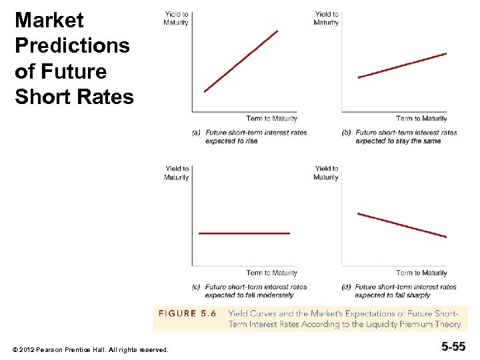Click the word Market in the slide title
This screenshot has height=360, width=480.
tap(49, 21)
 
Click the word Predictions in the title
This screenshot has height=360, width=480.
tap(72, 46)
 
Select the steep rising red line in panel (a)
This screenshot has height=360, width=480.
tap(241, 61)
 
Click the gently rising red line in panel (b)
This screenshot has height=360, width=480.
tap(402, 65)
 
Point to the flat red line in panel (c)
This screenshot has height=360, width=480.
tap(244, 233)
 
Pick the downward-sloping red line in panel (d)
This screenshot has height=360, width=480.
tap(402, 225)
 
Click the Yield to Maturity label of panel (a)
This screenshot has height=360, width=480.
tap(176, 18)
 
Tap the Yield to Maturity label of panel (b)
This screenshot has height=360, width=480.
tap(326, 18)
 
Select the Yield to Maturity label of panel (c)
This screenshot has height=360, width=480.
tap(177, 173)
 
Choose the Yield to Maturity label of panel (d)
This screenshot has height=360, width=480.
tap(326, 173)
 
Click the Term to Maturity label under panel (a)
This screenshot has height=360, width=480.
tap(271, 119)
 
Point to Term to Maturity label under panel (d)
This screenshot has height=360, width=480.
tap(421, 273)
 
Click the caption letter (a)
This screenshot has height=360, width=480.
tap(196, 133)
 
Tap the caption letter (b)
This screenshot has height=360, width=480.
tap(346, 133)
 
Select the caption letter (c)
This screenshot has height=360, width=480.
tap(196, 287)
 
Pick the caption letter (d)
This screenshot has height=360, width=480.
tap(346, 287)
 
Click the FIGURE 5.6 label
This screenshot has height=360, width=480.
tap(186, 313)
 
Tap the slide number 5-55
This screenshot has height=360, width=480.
tap(453, 347)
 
